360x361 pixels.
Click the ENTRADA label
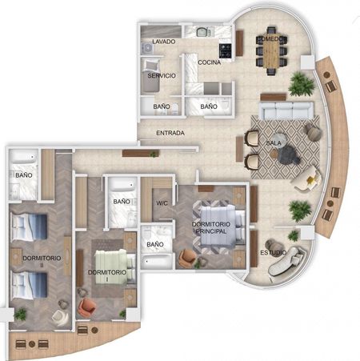170,133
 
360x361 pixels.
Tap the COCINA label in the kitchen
210,62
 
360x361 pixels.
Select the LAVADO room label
164,42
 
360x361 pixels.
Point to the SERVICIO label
162,75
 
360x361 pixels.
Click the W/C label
162,203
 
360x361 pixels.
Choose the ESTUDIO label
274,252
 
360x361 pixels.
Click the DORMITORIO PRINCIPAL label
211,227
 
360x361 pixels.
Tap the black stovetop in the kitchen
226,50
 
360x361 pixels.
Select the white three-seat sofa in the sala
286,110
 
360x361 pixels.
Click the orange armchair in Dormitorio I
86,307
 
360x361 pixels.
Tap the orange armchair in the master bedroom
188,258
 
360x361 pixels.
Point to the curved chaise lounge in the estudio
286,261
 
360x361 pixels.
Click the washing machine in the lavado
147,48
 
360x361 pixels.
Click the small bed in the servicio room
150,76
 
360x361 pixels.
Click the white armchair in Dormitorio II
60,318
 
